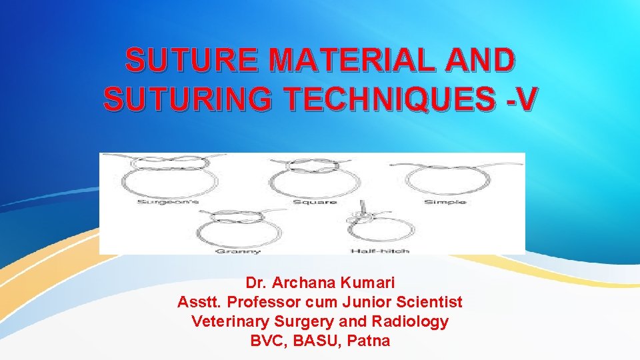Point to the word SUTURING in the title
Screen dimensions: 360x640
coord(187,99)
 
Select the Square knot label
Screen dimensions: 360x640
coord(315,202)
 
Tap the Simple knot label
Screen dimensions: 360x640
coord(445,202)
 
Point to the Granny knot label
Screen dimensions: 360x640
coord(229,251)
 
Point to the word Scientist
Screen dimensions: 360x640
coord(429,302)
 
